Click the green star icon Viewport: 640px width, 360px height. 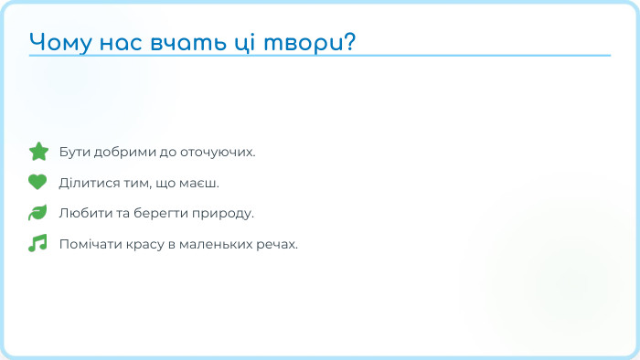click(37, 151)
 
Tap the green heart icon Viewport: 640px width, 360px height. click(37, 182)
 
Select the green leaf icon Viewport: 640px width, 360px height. click(37, 213)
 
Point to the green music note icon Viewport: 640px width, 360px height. click(37, 244)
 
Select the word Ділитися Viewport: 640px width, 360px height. click(85, 183)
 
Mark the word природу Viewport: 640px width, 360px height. click(221, 214)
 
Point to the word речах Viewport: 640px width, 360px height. click(279, 245)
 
